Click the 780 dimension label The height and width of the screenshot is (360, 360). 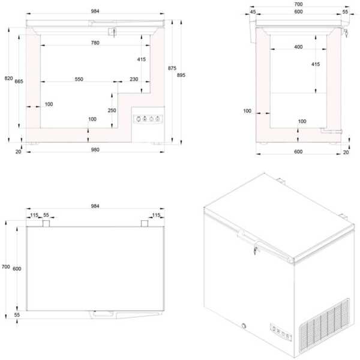tap(95, 43)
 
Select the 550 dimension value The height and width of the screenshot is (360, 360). tap(79, 79)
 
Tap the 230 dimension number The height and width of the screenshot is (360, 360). tap(134, 79)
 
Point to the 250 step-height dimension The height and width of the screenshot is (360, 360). tap(112, 110)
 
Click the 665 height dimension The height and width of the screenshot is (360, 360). tap(19, 81)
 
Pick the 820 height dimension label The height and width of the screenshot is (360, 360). tap(9, 78)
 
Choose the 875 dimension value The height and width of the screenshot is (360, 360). tap(172, 68)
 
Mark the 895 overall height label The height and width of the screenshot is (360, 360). tap(181, 75)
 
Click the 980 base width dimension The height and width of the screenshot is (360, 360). tap(95, 149)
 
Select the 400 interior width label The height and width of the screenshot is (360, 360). tap(298, 47)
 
